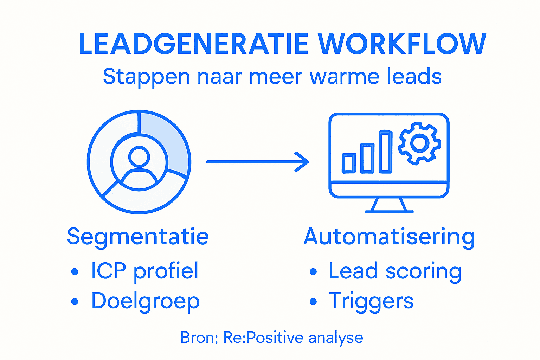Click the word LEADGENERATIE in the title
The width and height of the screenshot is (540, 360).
pyautogui.click(x=194, y=44)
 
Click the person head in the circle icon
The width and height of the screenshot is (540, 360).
pyautogui.click(x=139, y=157)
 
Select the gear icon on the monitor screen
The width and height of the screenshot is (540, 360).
pyautogui.click(x=419, y=143)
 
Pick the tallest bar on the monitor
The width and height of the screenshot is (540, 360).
pyautogui.click(x=385, y=152)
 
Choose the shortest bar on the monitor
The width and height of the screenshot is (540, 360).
pyautogui.click(x=349, y=163)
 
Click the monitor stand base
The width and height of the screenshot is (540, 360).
pyautogui.click(x=389, y=211)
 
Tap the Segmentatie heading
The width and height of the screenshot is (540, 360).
pyautogui.click(x=138, y=236)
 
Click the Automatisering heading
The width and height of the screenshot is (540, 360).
pyautogui.click(x=389, y=237)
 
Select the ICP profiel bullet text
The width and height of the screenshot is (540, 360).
pyautogui.click(x=144, y=271)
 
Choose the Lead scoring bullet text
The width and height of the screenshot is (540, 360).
pyautogui.click(x=395, y=272)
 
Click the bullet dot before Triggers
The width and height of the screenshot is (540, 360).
pyautogui.click(x=313, y=302)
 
